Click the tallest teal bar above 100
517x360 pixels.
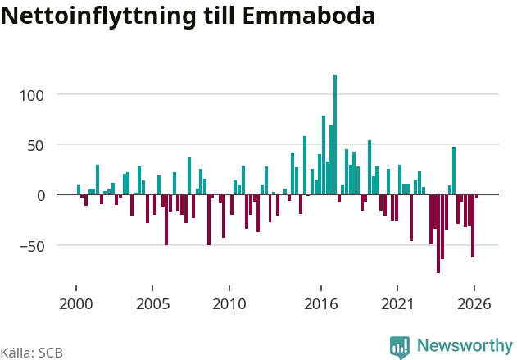click(x=335, y=134)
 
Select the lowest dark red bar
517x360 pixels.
click(x=438, y=234)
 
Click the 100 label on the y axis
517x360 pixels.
click(x=32, y=96)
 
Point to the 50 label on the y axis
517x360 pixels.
click(x=35, y=145)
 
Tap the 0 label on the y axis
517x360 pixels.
click(x=40, y=196)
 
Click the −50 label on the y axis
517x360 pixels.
click(x=32, y=246)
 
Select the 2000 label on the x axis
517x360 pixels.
click(x=76, y=304)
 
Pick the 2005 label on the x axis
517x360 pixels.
click(x=152, y=304)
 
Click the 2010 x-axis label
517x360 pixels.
click(x=229, y=304)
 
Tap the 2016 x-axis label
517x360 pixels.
click(x=321, y=304)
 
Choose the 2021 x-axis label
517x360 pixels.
click(x=397, y=304)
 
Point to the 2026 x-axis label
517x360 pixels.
click(x=474, y=304)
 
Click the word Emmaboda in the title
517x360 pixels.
click(x=309, y=16)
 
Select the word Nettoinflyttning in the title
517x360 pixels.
click(x=98, y=16)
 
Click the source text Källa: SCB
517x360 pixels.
click(x=32, y=353)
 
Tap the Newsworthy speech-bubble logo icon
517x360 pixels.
click(x=400, y=347)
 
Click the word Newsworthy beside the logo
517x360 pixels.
click(x=465, y=345)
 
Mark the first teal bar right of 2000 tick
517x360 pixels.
click(x=79, y=189)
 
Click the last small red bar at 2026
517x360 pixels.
click(x=477, y=196)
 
